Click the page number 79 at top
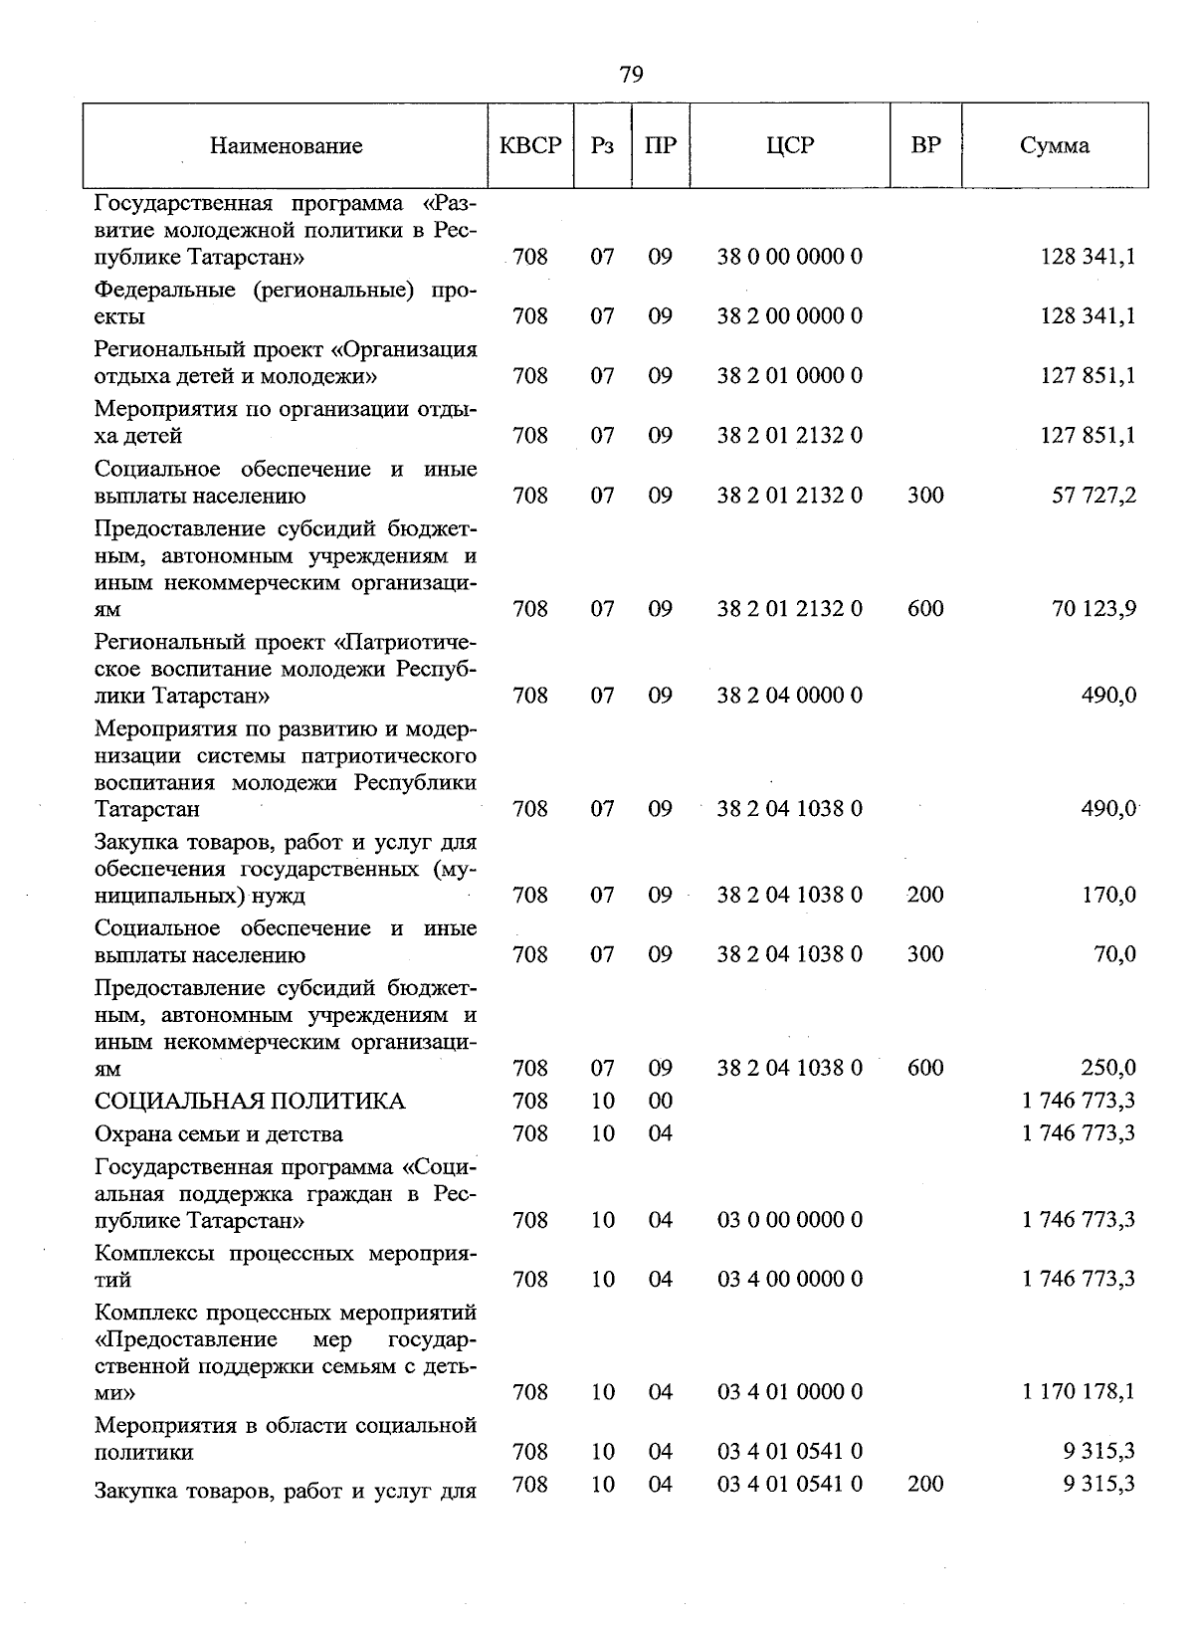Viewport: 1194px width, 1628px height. (631, 75)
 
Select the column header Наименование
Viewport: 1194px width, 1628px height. (286, 146)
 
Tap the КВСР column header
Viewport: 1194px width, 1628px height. (530, 145)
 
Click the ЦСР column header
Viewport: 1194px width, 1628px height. (790, 145)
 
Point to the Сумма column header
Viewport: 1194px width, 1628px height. (1054, 145)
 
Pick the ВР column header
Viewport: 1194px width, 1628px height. (925, 145)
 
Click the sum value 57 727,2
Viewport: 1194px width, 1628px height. (1094, 496)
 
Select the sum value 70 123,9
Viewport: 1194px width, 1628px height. (1094, 609)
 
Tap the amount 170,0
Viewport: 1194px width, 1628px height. (1108, 896)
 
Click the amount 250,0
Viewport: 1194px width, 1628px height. (1108, 1069)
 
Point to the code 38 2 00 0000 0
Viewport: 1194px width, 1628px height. (790, 316)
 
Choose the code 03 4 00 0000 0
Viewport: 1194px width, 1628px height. (790, 1280)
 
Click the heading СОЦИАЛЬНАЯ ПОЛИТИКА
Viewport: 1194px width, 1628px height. (250, 1102)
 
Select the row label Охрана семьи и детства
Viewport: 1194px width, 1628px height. (219, 1134)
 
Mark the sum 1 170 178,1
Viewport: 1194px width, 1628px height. (1079, 1392)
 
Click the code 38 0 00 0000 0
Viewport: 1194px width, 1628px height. (790, 257)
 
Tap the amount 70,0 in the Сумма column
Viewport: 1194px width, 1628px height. (1114, 955)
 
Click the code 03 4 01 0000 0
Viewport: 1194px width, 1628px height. (790, 1392)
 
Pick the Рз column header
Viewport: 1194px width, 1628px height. (602, 146)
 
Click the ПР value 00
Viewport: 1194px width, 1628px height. (661, 1102)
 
